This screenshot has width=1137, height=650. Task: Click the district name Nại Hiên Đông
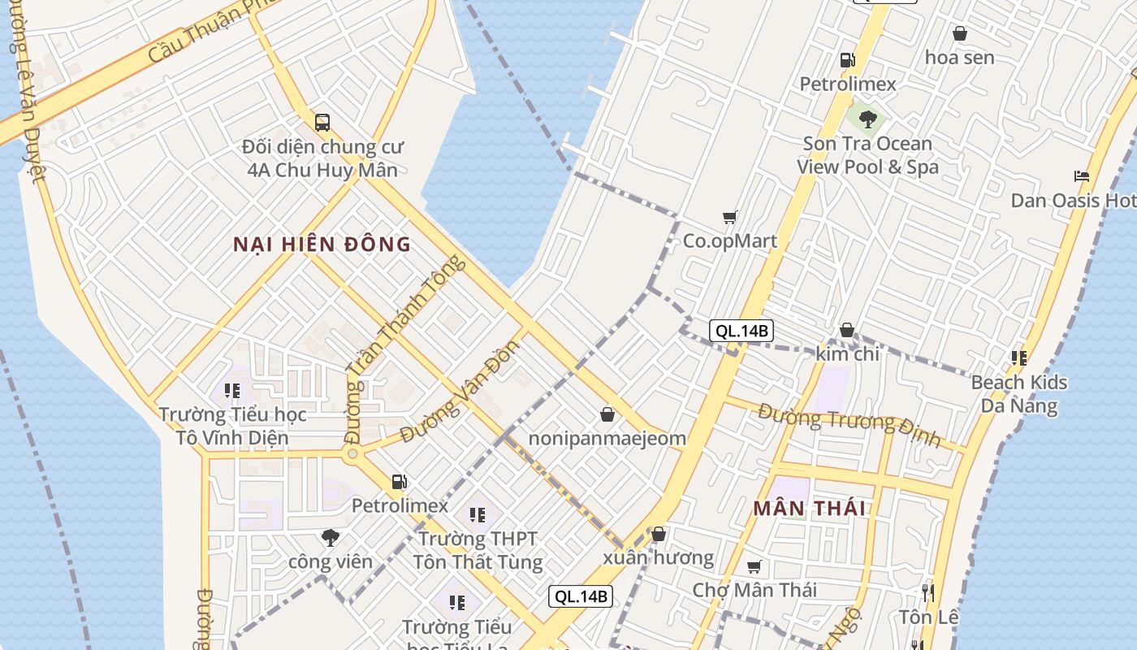(322, 245)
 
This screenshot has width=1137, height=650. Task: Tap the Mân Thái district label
(809, 509)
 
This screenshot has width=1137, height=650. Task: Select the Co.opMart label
(729, 241)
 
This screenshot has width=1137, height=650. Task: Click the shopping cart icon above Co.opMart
(729, 217)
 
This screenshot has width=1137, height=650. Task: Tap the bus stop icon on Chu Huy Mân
(322, 123)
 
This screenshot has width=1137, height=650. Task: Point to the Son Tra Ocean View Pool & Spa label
(867, 155)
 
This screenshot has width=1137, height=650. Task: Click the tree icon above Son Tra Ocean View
(867, 119)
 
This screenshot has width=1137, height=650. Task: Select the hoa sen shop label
(959, 58)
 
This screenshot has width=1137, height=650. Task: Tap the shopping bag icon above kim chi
(847, 330)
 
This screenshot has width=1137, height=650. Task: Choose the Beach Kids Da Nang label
(1019, 394)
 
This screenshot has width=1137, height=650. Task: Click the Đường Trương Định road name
(849, 424)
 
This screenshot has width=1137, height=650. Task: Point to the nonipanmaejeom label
(607, 439)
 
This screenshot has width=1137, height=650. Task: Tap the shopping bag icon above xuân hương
(659, 534)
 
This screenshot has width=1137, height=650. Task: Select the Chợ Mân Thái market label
(754, 590)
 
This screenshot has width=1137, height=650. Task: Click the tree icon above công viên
(330, 537)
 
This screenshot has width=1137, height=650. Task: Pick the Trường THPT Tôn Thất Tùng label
(478, 550)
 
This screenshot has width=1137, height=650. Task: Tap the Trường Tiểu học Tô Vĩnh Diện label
(232, 427)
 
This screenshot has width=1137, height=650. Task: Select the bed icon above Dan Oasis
(1081, 176)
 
